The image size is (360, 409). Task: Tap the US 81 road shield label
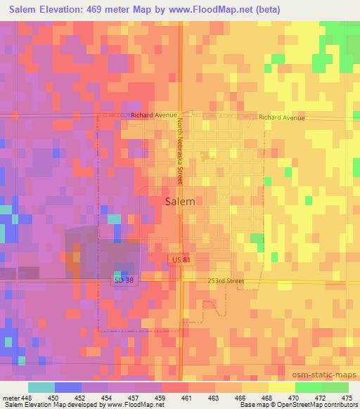(x=180, y=261)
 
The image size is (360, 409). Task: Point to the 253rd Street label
(x=226, y=281)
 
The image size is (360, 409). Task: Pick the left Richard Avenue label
(x=152, y=114)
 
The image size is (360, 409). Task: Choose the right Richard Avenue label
(x=281, y=118)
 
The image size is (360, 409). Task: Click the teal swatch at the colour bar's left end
(x=41, y=387)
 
